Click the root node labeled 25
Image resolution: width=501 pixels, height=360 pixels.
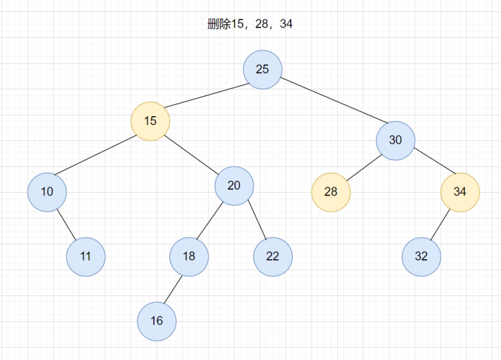point(263,69)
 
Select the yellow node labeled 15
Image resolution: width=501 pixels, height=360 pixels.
point(150,121)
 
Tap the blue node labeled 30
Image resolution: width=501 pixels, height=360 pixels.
point(396,140)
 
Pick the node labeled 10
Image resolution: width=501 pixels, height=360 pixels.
point(47,192)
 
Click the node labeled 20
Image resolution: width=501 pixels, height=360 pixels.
point(234,185)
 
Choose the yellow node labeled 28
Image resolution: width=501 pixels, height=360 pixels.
point(331,192)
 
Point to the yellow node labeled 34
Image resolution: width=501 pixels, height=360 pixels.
point(460,192)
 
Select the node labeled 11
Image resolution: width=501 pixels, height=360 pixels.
point(86,257)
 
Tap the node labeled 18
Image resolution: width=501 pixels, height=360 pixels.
point(189,257)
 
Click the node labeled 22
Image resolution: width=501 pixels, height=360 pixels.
point(273,257)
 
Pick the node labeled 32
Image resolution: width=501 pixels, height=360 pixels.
point(422,257)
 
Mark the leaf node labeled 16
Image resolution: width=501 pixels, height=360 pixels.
point(157,321)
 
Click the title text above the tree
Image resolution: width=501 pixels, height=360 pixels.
point(250,24)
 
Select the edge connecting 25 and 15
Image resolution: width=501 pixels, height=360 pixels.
point(207,95)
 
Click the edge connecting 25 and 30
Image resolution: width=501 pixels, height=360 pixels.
point(334,100)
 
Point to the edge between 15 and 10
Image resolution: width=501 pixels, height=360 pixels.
point(95,155)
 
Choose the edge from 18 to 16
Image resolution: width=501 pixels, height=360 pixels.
point(173,289)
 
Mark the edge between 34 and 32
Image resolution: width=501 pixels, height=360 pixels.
point(441,224)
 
